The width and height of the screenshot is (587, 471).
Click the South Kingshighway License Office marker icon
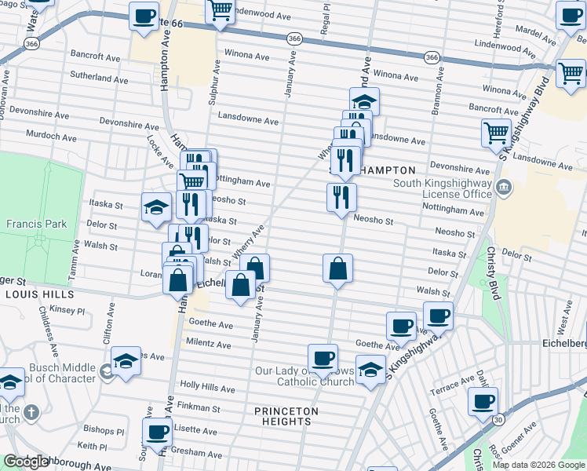504,188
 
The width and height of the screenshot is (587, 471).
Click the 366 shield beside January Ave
293,38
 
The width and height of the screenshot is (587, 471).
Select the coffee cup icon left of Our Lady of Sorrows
322,357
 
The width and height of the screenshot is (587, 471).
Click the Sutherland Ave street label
99,79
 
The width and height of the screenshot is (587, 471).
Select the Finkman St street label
199,407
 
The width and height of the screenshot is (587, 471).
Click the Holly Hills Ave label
206,385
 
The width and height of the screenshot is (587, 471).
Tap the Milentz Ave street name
208,344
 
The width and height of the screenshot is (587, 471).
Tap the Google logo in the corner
27,462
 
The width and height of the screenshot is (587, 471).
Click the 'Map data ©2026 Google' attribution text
538,465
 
